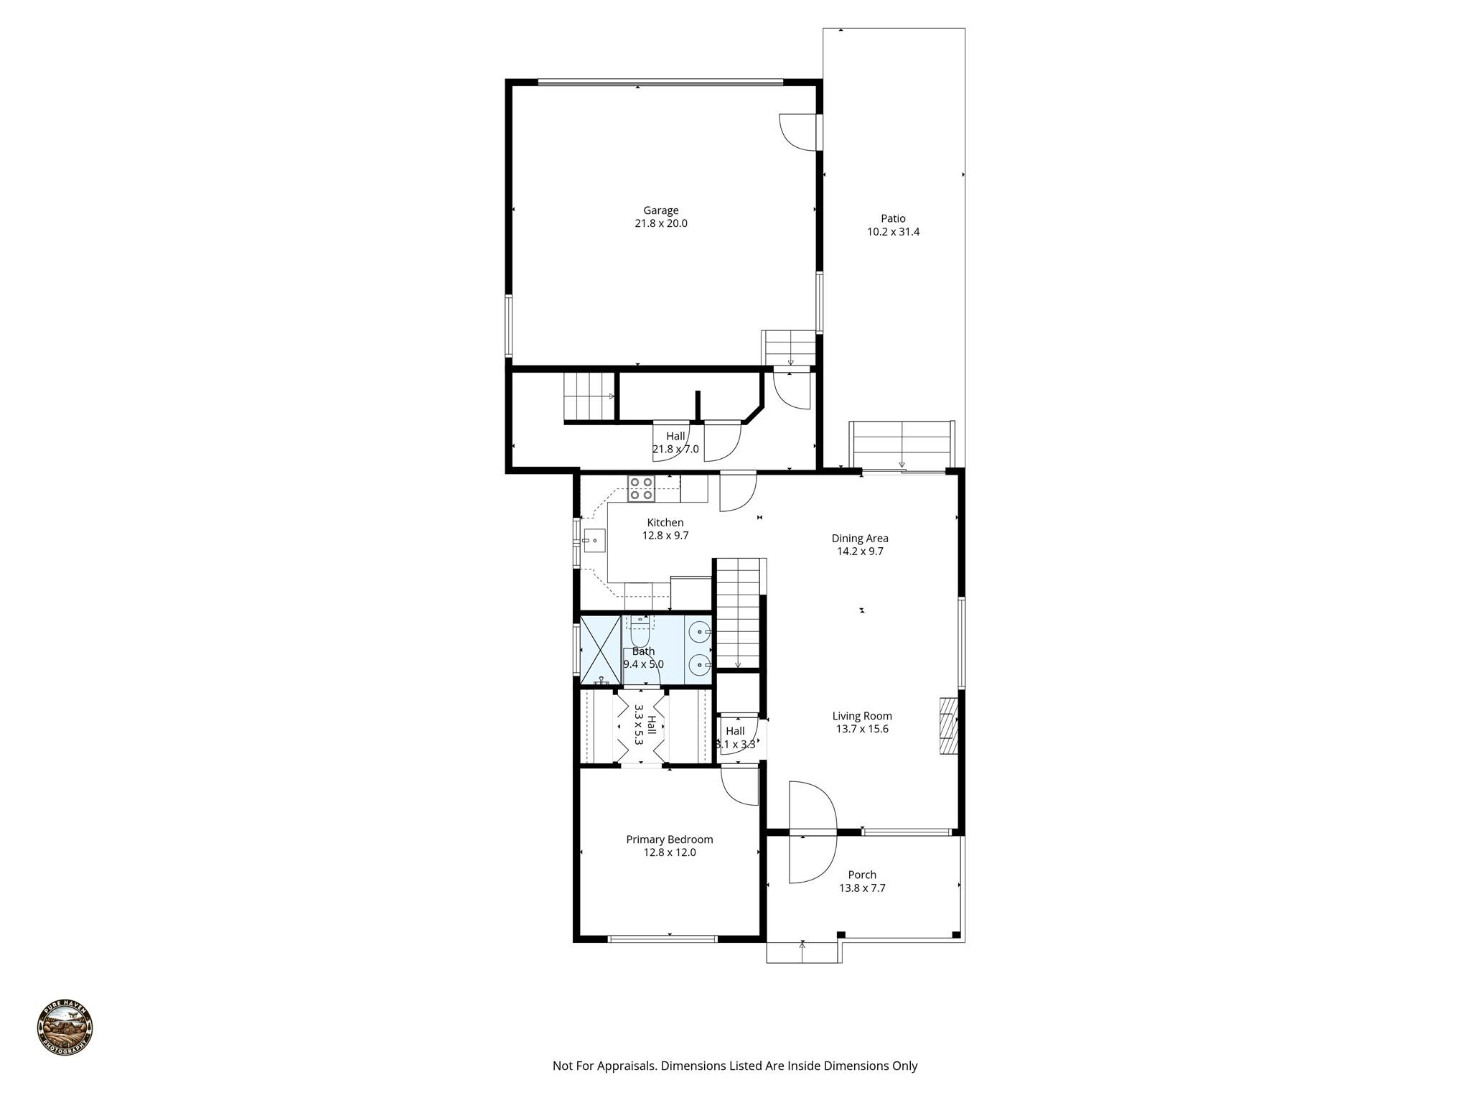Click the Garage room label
point(660,210)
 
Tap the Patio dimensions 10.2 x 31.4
point(893,232)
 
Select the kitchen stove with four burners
point(641,488)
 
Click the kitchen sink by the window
point(594,539)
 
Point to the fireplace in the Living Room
point(948,725)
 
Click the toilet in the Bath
point(639,635)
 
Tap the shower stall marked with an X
point(599,649)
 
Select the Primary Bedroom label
point(669,839)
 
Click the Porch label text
point(862,875)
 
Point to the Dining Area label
point(860,538)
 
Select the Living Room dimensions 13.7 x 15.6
point(862,729)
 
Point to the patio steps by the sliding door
point(902,445)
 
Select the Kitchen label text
point(665,523)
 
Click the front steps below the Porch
point(802,952)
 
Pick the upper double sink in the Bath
point(698,632)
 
